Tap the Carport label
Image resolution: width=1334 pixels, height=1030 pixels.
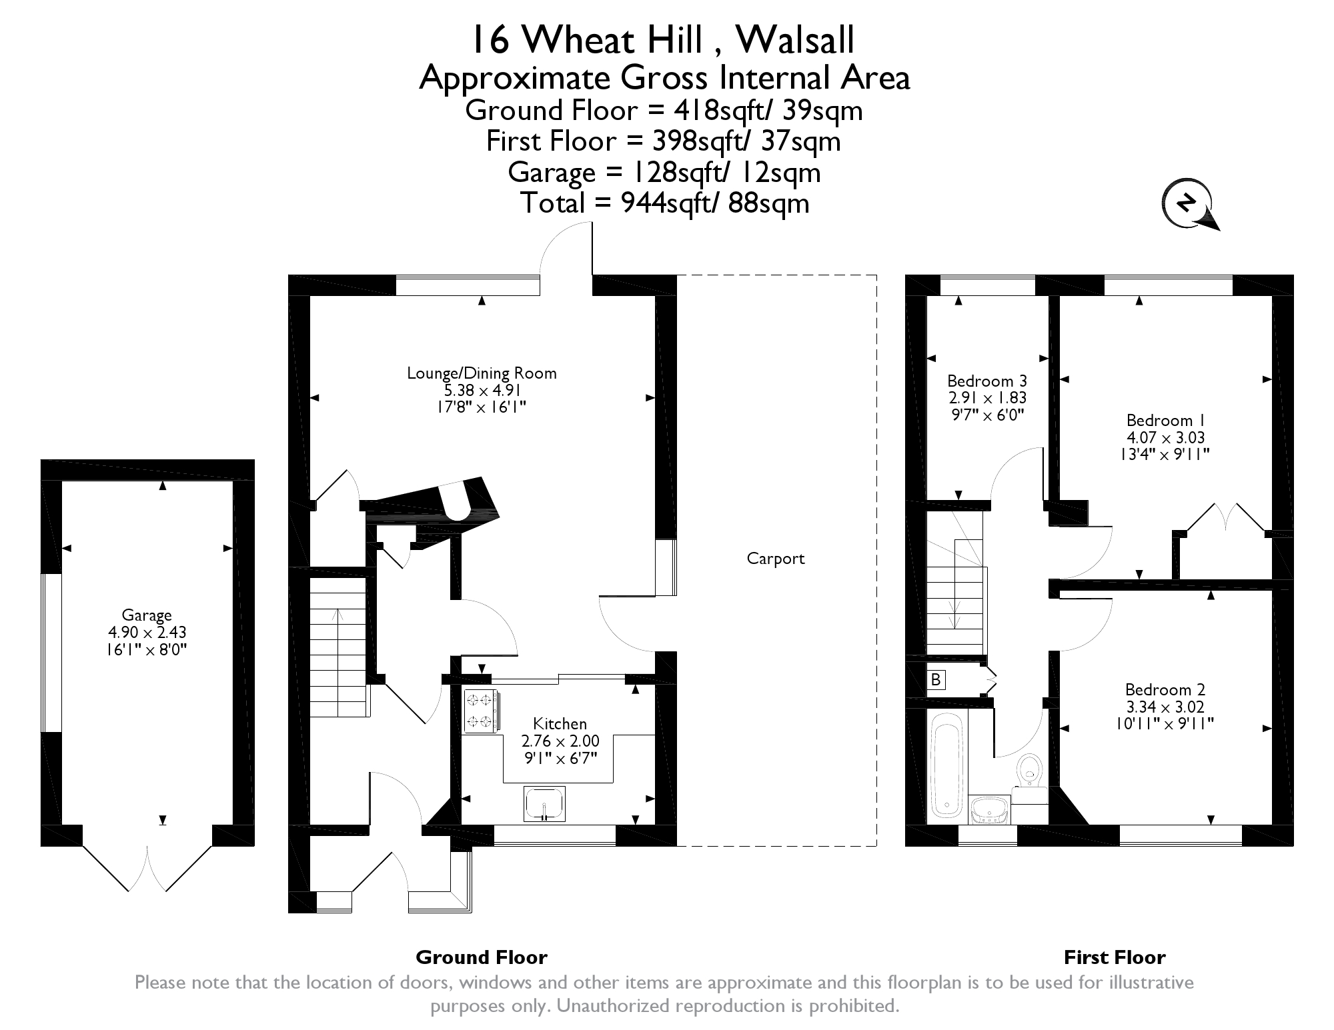[x=776, y=559]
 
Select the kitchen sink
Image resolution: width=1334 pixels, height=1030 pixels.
[x=545, y=803]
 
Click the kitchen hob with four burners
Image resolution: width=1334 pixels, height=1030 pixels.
[x=480, y=711]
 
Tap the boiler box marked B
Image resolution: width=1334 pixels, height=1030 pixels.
[x=936, y=679]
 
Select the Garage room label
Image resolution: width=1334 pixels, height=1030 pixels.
[x=147, y=615]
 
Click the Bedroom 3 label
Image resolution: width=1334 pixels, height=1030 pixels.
[x=987, y=381]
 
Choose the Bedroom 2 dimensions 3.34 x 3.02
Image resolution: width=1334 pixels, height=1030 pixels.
[x=1165, y=707]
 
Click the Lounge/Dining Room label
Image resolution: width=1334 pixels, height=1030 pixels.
[x=482, y=373]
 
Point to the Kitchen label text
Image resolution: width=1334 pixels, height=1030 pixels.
[x=560, y=724]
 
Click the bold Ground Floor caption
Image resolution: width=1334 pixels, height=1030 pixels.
[x=482, y=957]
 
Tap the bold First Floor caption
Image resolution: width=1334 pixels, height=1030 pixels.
[x=1115, y=957]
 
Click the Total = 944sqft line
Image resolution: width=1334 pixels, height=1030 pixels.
[x=665, y=203]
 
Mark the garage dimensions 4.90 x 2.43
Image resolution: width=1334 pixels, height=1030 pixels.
[x=147, y=632]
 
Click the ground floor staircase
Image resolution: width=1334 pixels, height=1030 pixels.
[x=339, y=647]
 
